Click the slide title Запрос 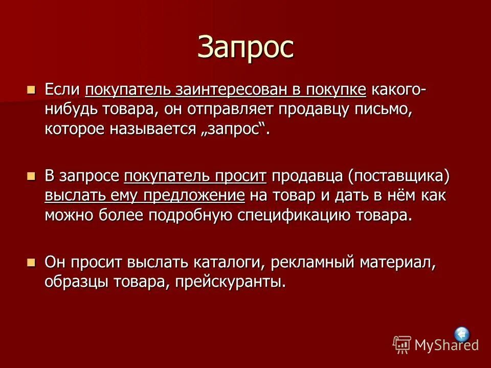tap(245, 47)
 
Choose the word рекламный tap(314, 263)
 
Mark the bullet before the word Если tap(32, 90)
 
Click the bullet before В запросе tap(32, 176)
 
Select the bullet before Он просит tap(32, 263)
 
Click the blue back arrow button tap(462, 335)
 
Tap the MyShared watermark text tap(446, 344)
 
